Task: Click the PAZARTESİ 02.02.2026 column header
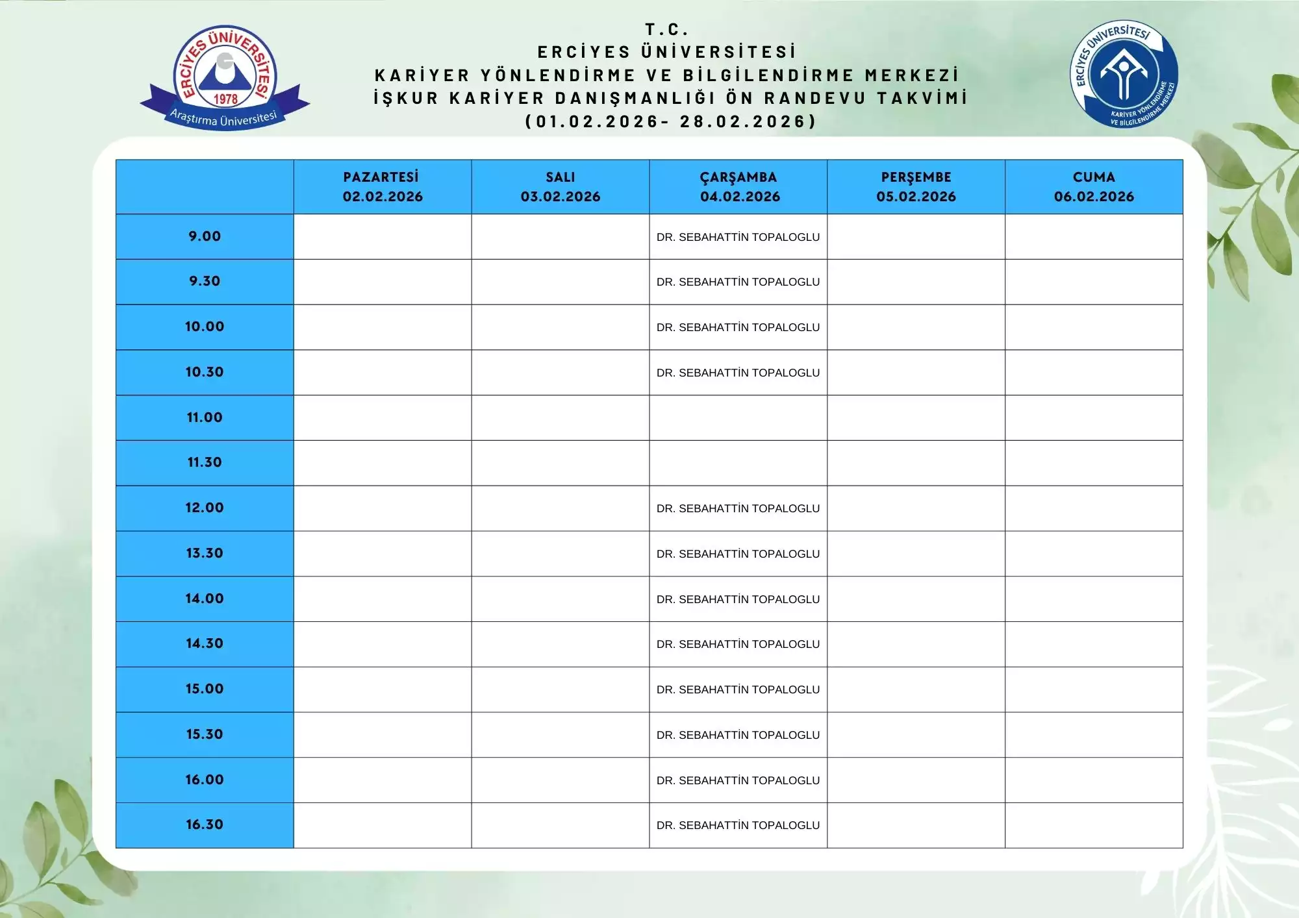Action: click(383, 187)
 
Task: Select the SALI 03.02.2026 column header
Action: click(560, 187)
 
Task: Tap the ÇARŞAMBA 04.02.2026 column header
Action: click(738, 187)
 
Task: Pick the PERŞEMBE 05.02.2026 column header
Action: click(916, 187)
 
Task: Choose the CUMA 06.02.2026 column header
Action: click(1094, 187)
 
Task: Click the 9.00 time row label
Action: click(205, 236)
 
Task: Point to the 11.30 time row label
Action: click(205, 462)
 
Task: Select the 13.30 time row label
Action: click(205, 553)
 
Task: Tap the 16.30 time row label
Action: click(205, 825)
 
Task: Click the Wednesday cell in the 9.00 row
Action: click(738, 237)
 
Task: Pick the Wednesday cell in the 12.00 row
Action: click(738, 508)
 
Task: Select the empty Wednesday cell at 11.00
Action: click(738, 417)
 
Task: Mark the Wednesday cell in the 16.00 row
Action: click(738, 780)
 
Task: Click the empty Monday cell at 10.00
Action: click(383, 327)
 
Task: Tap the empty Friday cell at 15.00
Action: click(1094, 689)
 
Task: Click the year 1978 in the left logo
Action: click(225, 99)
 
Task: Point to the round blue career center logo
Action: click(1124, 74)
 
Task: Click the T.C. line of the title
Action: click(667, 29)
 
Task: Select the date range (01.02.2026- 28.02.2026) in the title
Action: click(670, 121)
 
